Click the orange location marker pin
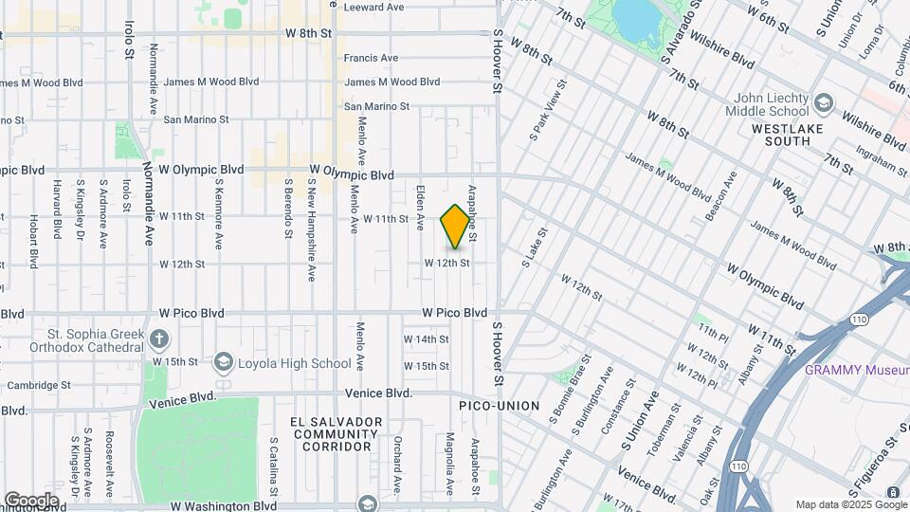(x=455, y=227)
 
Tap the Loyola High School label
(x=293, y=362)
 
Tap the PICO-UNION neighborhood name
(x=499, y=406)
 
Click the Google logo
(x=31, y=500)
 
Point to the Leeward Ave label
(x=373, y=7)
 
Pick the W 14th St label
(x=426, y=338)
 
